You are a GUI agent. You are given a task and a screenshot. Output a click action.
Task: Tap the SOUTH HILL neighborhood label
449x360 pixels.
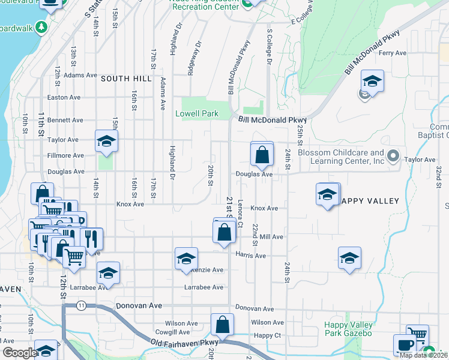pos(123,79)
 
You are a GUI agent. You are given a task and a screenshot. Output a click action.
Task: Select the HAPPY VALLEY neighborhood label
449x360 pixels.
pos(370,201)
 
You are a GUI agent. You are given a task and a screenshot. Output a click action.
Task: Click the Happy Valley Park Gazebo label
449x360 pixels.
pos(348,329)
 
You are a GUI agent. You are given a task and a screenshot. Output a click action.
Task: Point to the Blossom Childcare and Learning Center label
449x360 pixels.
pos(340,157)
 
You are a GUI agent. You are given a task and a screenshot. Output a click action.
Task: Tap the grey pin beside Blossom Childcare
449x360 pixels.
pos(393,157)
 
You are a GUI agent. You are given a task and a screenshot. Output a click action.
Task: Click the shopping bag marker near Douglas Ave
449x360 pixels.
pos(262,155)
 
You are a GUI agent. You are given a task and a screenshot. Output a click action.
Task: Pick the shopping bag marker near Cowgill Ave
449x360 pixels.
pos(221,324)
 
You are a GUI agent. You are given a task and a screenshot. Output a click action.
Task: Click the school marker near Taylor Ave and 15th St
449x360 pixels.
pos(106,141)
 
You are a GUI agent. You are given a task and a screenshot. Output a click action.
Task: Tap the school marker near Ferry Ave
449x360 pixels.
pos(372,82)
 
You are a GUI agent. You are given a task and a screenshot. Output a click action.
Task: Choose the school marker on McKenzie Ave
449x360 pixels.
pos(186,259)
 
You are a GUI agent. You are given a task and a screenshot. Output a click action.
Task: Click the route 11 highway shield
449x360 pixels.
pos(81,306)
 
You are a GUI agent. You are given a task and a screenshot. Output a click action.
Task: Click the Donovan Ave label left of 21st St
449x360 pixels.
pos(139,305)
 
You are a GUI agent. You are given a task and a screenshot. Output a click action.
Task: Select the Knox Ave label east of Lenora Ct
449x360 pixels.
pos(264,208)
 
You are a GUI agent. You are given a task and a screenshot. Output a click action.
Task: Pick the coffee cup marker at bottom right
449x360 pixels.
pos(405,344)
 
